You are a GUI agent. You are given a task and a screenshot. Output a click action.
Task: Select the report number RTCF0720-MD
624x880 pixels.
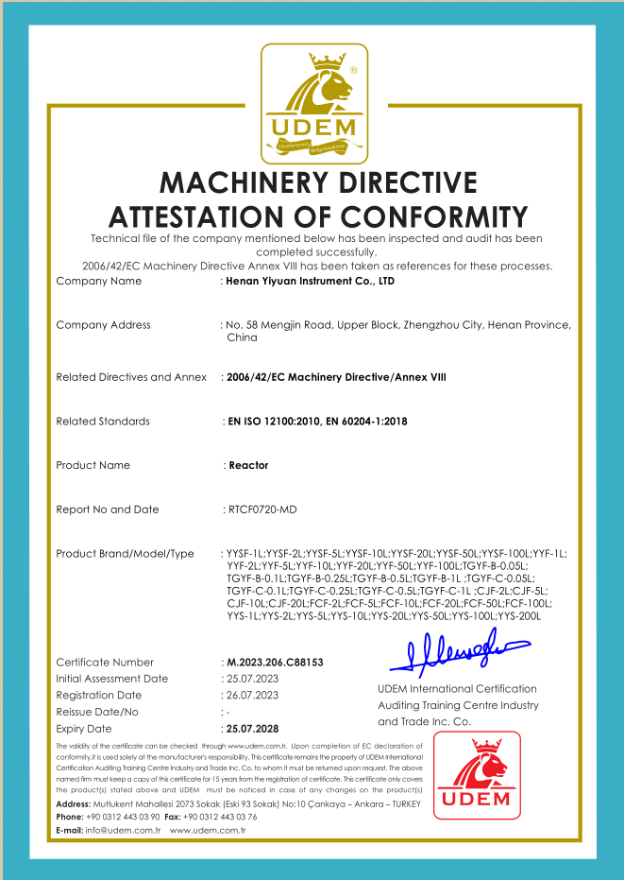coord(262,509)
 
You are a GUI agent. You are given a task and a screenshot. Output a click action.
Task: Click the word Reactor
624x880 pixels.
coord(249,465)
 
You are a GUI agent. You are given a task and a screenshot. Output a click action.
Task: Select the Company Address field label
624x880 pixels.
coord(103,325)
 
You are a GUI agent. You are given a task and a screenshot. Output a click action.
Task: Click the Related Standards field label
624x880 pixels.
coord(103,422)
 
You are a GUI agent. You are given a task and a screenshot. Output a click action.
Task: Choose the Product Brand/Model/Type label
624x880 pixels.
coord(125,554)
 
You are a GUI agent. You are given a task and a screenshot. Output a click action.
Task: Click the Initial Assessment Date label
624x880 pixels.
coord(111,679)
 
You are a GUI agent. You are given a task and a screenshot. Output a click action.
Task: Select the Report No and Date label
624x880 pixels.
coord(108,509)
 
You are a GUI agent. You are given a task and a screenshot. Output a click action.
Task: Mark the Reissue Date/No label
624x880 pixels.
coord(97,712)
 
